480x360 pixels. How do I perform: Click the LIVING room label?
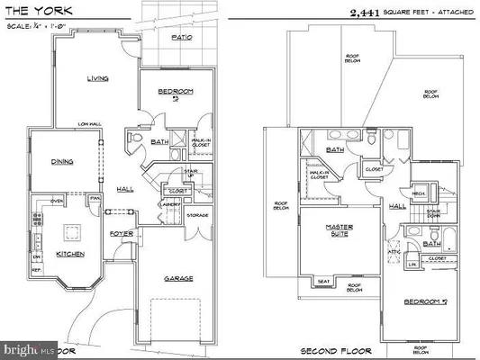97,78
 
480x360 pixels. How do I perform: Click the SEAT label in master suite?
322,280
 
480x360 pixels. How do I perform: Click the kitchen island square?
71,231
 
